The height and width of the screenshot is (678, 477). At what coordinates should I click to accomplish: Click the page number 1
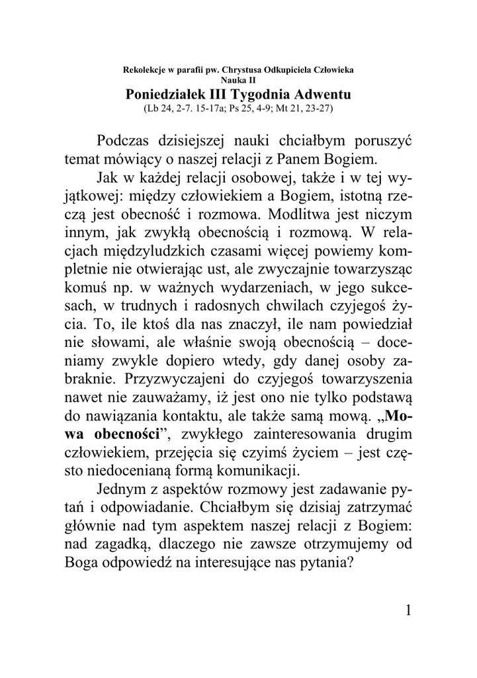tap(411, 610)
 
